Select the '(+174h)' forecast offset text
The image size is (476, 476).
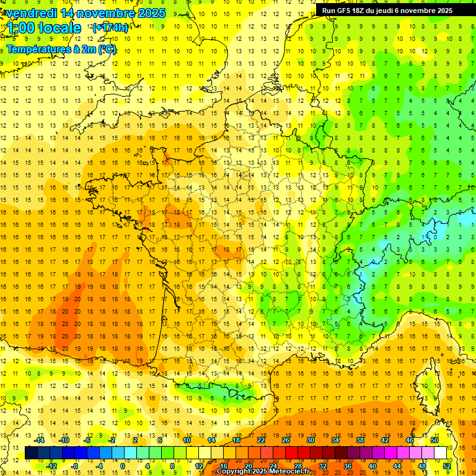(110, 27)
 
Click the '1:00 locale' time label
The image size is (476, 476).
(44, 28)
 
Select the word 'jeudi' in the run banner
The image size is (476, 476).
(393, 11)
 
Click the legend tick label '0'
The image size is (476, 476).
(123, 466)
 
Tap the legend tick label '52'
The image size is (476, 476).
(447, 466)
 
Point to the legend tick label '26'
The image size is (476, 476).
(286, 440)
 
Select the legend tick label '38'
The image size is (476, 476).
(360, 440)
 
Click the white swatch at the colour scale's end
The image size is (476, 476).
(441, 453)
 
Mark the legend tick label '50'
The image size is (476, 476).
(434, 440)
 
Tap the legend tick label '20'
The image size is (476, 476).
(249, 466)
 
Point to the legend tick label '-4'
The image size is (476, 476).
(99, 466)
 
